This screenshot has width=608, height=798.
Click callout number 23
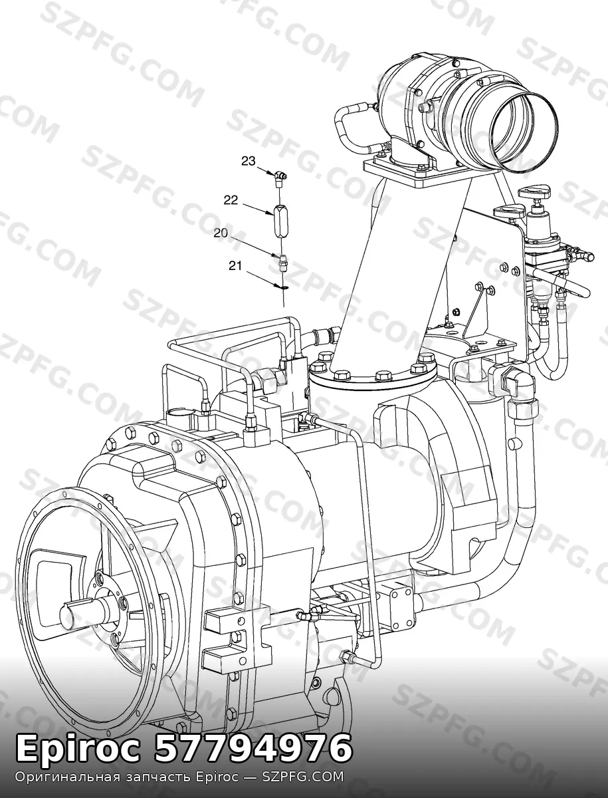[249, 161]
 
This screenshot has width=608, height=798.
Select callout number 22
[231, 200]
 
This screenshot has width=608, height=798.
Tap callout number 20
[221, 233]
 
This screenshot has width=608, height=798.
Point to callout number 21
[235, 266]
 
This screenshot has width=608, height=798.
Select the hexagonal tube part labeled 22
[280, 221]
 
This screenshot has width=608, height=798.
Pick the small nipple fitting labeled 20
[282, 262]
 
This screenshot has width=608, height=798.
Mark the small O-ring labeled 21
[284, 287]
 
